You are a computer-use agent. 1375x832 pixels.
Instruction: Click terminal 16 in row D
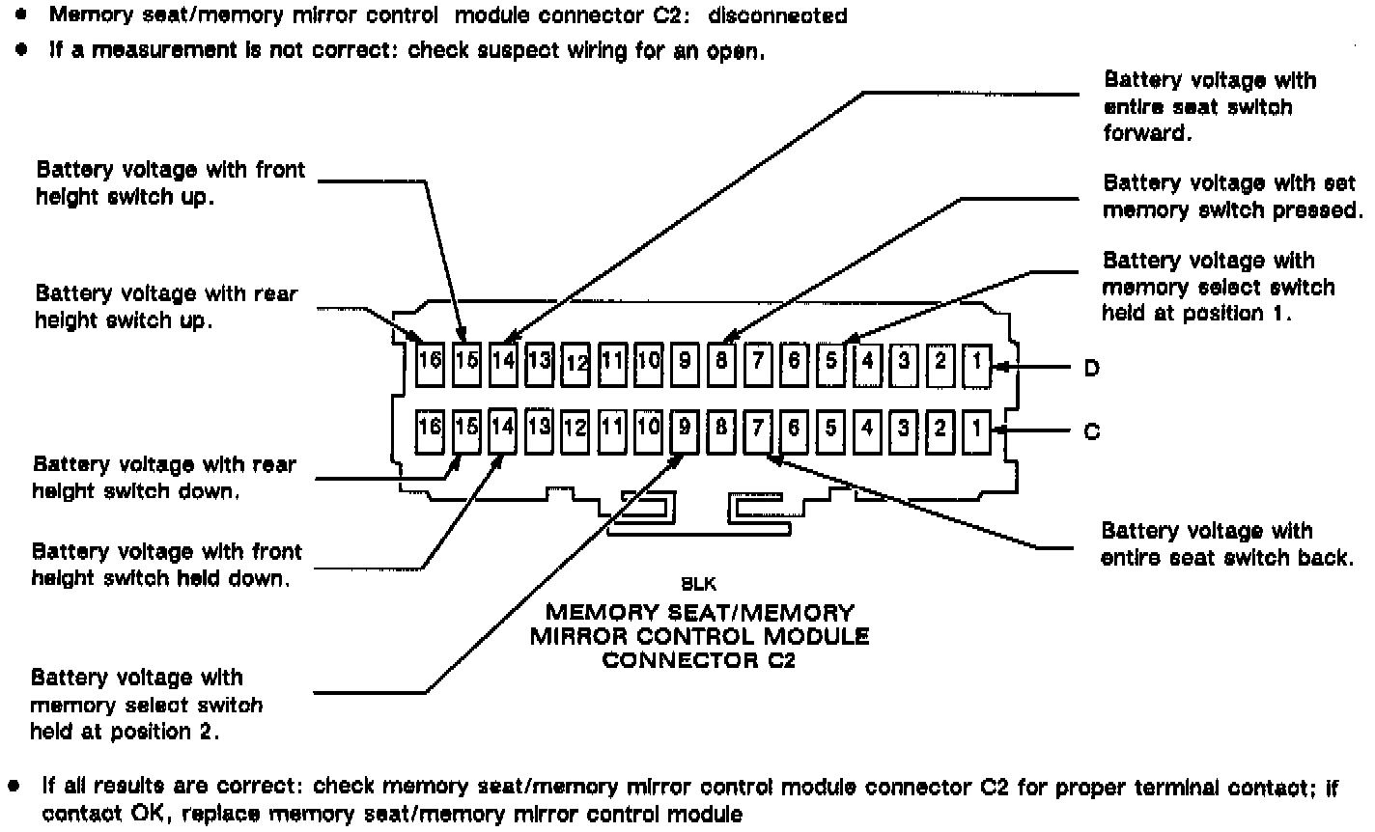tap(430, 362)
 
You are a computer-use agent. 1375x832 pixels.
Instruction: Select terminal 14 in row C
tap(503, 429)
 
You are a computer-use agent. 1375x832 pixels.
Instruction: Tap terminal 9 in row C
tap(685, 429)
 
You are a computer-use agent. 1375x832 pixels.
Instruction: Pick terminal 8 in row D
tap(721, 362)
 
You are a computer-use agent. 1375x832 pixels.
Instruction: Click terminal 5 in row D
tap(831, 362)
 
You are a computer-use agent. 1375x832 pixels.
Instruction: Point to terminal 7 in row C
tap(758, 429)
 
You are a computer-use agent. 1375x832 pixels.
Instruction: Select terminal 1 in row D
tap(977, 362)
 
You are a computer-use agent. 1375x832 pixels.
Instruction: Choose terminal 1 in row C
tap(977, 429)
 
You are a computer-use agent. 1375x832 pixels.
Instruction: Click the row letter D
tap(1091, 368)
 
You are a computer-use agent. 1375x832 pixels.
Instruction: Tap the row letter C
tap(1091, 431)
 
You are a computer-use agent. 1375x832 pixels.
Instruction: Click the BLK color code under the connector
tap(698, 584)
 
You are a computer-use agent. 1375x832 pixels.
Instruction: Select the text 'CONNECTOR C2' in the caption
tap(698, 661)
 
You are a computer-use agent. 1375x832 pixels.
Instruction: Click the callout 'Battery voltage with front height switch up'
tap(170, 182)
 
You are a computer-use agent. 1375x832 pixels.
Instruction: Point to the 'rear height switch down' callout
tap(164, 477)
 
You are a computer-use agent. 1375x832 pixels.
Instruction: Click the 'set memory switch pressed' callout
tap(1232, 196)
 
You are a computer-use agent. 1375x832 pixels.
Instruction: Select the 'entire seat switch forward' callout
tap(1209, 106)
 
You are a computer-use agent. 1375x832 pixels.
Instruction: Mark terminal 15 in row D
tap(466, 362)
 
